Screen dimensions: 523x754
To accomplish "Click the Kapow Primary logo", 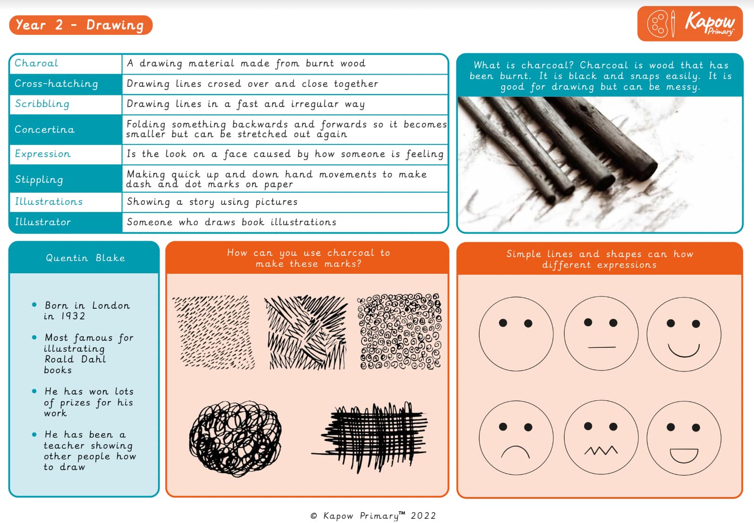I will click(x=690, y=24).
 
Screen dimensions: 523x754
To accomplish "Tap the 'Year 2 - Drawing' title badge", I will click(x=80, y=25).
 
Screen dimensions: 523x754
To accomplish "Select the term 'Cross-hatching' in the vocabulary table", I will click(x=56, y=84).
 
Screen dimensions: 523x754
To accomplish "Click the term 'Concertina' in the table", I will click(x=44, y=129).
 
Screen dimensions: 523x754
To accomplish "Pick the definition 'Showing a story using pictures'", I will click(x=212, y=202).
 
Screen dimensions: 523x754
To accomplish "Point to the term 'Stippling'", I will click(x=39, y=179).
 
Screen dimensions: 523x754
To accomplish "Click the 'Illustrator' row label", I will click(x=42, y=222).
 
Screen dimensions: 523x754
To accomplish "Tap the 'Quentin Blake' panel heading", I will click(x=85, y=258).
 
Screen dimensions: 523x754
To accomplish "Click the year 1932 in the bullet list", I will click(x=73, y=316).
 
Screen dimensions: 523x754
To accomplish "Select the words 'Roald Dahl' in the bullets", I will click(x=75, y=359).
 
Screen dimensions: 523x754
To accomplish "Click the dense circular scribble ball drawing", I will click(x=235, y=439).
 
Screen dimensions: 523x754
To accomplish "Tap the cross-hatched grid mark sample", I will click(x=371, y=437).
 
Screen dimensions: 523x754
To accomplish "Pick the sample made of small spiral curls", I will click(x=400, y=332).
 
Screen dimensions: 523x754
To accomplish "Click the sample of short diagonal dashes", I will click(x=213, y=332).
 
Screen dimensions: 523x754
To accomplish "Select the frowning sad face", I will click(x=516, y=438).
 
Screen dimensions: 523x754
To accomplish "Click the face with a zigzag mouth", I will click(x=601, y=438).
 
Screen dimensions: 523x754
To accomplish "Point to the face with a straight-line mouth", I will click(x=601, y=333).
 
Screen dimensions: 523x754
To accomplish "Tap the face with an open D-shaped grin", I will click(x=684, y=438).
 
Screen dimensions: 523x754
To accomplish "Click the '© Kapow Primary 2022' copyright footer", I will click(x=373, y=515).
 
